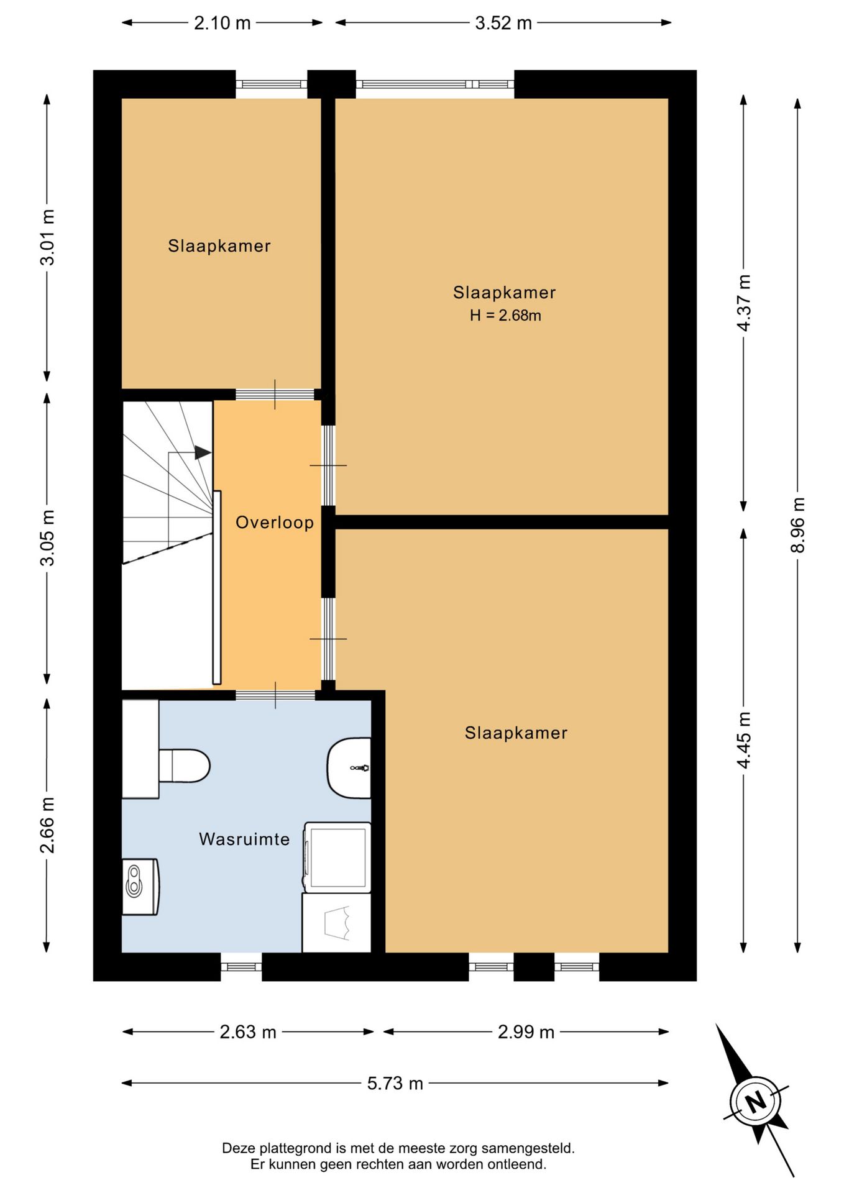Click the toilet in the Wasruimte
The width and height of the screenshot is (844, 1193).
coord(184,766)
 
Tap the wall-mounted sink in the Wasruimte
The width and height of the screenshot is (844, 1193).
coord(349,768)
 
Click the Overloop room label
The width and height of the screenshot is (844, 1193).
coord(275,523)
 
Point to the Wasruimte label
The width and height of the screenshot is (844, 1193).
coord(244,839)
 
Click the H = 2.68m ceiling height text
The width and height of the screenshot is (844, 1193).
coord(505,316)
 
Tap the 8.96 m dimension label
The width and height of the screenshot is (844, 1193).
coord(797,525)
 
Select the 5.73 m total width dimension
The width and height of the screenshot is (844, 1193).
coord(395,1084)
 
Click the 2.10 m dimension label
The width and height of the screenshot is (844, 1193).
coord(222,23)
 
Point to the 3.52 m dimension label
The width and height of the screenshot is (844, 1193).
coord(503,23)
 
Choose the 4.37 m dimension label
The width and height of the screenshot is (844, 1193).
coord(744,303)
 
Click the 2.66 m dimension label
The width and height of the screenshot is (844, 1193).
coord(47,825)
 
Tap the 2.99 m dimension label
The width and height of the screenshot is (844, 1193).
coord(526,1032)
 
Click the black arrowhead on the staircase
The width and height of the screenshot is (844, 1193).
coord(203,452)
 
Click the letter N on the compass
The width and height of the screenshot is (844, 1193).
coord(756,1102)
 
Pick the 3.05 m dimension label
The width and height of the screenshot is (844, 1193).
coord(47,538)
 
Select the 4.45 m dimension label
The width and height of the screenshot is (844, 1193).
coord(744,740)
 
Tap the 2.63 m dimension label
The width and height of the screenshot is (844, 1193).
coord(248,1032)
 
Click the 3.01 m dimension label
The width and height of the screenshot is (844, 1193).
coord(47,237)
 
